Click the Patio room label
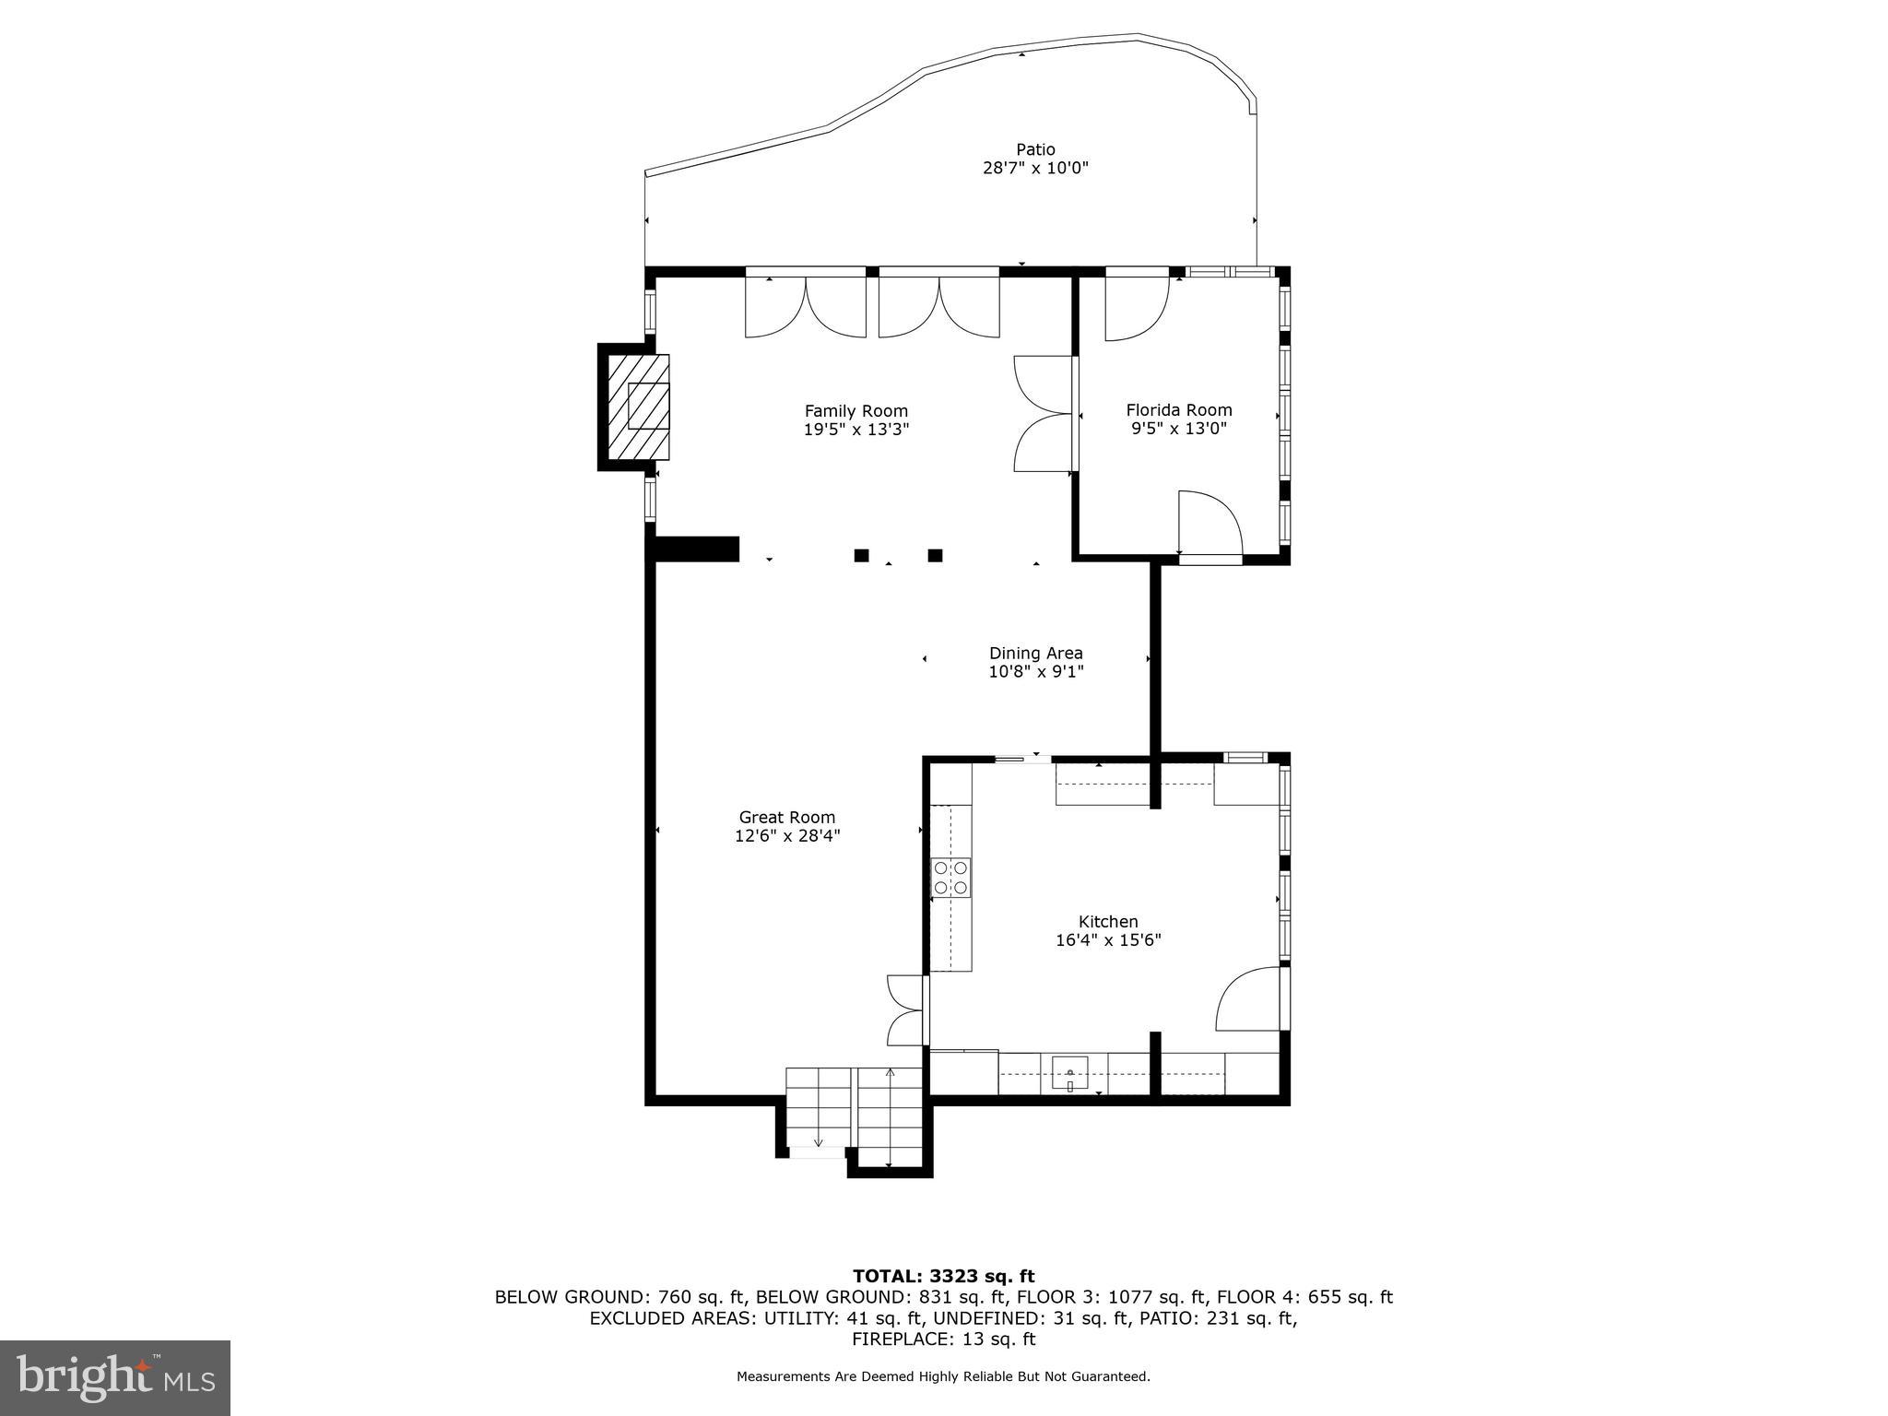(x=1035, y=149)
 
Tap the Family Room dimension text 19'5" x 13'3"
(x=856, y=430)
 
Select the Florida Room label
(x=1178, y=410)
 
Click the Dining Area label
(x=1035, y=654)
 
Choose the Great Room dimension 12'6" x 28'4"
(x=786, y=836)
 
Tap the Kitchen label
(x=1108, y=921)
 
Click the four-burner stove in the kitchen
(x=950, y=878)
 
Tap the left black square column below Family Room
(x=861, y=555)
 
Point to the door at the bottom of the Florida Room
(x=1210, y=525)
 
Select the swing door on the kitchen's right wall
(x=1250, y=998)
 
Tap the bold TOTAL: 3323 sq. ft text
(x=943, y=1276)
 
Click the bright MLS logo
(x=115, y=1377)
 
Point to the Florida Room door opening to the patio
(x=1137, y=307)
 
